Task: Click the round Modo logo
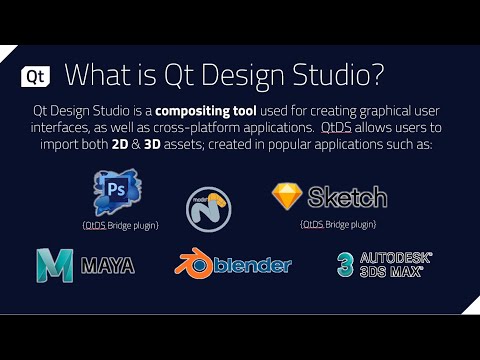(x=210, y=206)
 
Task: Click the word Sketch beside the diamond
(x=347, y=196)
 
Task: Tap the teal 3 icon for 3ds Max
(x=345, y=264)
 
